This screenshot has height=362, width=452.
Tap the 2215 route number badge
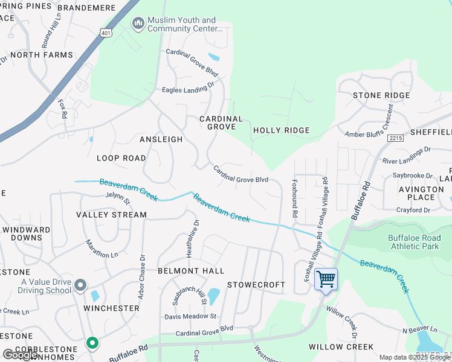click(396, 138)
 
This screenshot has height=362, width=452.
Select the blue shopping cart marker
click(326, 280)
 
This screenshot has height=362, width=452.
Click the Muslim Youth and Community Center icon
click(138, 24)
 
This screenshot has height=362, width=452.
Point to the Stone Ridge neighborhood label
click(381, 95)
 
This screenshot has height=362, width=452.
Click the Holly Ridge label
click(281, 130)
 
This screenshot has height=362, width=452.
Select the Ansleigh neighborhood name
click(161, 139)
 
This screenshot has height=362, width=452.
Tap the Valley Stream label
click(111, 215)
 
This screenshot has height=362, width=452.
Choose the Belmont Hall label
click(191, 271)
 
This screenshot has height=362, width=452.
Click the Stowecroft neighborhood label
click(256, 285)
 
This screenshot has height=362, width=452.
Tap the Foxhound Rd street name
click(295, 197)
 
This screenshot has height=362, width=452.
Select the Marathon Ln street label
click(102, 249)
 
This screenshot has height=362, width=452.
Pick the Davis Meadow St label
click(190, 316)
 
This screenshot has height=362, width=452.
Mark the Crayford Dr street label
click(413, 210)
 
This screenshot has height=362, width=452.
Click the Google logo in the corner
click(21, 355)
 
